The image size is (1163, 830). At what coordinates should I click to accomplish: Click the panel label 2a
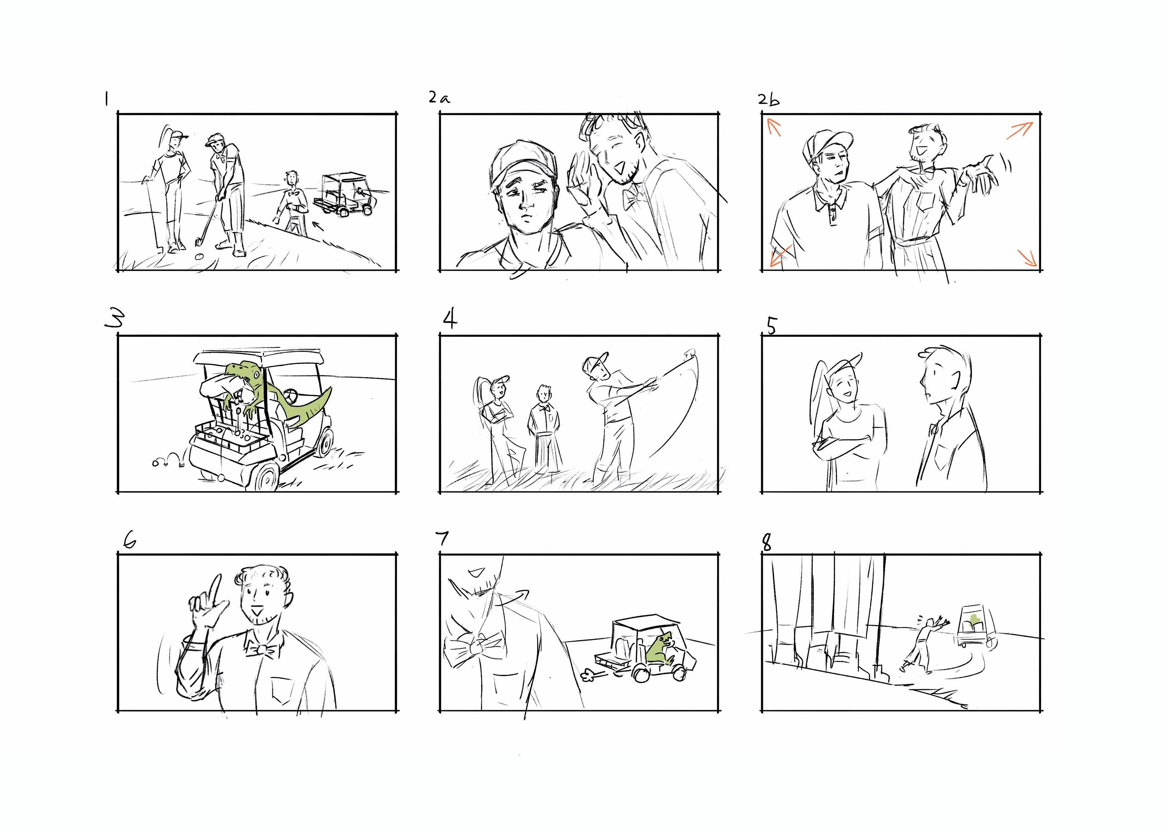[439, 98]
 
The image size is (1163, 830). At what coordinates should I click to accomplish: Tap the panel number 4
[449, 320]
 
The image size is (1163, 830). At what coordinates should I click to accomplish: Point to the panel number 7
[442, 539]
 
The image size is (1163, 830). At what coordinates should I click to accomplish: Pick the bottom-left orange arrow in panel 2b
[781, 256]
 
